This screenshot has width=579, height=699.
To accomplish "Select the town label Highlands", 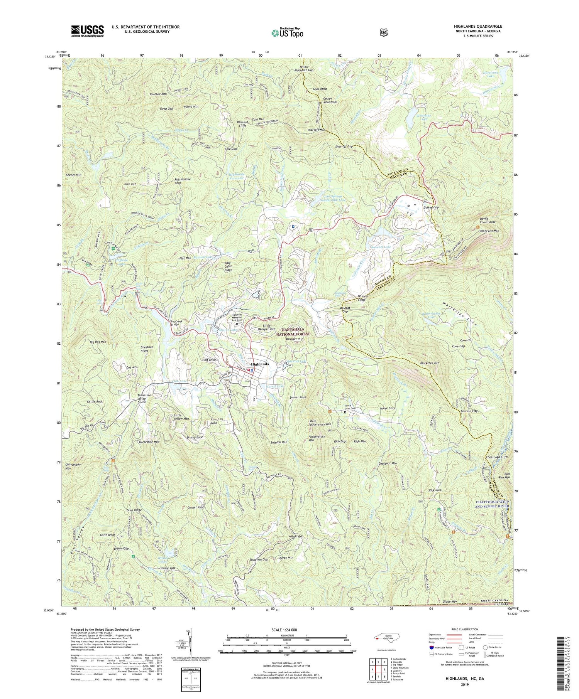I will pos(260,364).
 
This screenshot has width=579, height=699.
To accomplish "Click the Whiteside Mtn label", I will pos(489,231).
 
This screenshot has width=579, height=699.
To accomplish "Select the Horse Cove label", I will pos(388,408).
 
